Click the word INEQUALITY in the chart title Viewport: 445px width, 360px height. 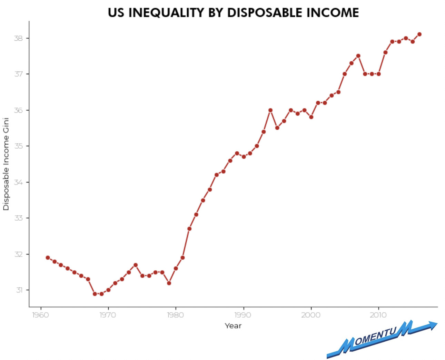[x=166, y=13]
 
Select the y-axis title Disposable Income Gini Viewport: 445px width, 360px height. [x=6, y=164]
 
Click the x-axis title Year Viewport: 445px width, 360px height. [x=233, y=326]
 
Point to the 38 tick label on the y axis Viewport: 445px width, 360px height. [x=18, y=38]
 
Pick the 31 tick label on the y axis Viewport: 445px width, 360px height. [x=19, y=290]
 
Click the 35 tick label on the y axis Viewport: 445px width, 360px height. [x=18, y=146]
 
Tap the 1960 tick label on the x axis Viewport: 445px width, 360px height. [x=40, y=315]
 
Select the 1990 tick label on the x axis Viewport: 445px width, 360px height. [x=243, y=315]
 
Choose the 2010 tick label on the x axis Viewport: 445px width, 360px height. [x=378, y=315]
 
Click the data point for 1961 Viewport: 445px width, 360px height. [x=48, y=258]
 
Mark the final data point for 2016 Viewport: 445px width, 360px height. [x=419, y=34]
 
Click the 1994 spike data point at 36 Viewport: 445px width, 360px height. [x=270, y=110]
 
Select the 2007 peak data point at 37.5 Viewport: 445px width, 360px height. [x=358, y=56]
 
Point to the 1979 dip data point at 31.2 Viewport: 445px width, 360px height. [x=169, y=283]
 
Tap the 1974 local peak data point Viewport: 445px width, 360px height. [x=136, y=265]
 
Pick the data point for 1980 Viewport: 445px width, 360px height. [x=176, y=268]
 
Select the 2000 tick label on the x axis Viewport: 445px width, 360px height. [x=311, y=315]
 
